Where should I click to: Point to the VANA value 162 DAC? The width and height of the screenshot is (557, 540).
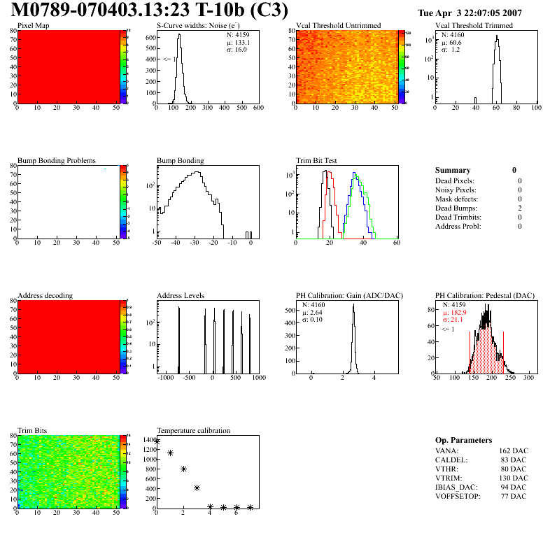click(514, 451)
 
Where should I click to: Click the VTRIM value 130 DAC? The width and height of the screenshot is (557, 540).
click(514, 478)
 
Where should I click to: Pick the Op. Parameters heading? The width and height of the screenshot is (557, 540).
click(463, 440)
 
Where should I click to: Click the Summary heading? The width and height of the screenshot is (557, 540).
click(453, 170)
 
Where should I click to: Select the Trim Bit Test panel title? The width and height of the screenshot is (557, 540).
click(317, 161)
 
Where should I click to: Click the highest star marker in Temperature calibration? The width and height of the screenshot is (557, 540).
click(157, 441)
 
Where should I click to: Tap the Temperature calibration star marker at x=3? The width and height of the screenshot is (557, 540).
click(197, 488)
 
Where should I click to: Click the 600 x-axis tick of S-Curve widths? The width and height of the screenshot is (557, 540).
click(258, 108)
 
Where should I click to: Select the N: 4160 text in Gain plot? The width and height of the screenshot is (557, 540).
click(314, 305)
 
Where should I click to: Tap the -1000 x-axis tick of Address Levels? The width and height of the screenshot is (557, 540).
click(165, 378)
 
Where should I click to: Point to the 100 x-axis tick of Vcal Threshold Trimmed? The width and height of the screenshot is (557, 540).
click(536, 108)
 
